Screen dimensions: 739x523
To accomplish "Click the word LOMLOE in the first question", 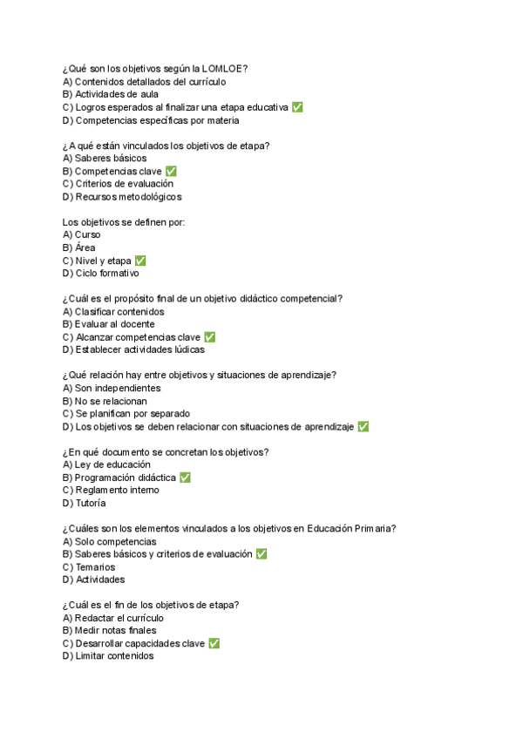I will [x=224, y=69].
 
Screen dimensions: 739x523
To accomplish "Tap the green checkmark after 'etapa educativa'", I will [x=297, y=107].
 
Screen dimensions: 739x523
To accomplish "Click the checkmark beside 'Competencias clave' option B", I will [x=171, y=172].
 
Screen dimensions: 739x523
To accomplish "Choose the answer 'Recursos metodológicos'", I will [x=128, y=197].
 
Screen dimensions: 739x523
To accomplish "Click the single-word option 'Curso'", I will [x=87, y=235].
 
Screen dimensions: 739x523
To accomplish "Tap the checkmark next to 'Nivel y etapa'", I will [x=140, y=261].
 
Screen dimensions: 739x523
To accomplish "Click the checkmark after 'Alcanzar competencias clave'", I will [x=209, y=337].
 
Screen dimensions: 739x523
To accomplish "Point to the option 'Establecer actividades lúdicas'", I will [x=139, y=350].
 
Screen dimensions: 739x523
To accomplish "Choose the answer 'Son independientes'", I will [x=118, y=388].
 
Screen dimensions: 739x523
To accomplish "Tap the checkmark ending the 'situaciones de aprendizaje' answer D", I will [x=363, y=427].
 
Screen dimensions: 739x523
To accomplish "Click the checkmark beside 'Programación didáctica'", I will [x=185, y=478].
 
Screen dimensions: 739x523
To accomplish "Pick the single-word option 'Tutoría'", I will [x=90, y=503].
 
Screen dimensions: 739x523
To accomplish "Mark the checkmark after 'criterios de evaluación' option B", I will [x=261, y=554].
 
